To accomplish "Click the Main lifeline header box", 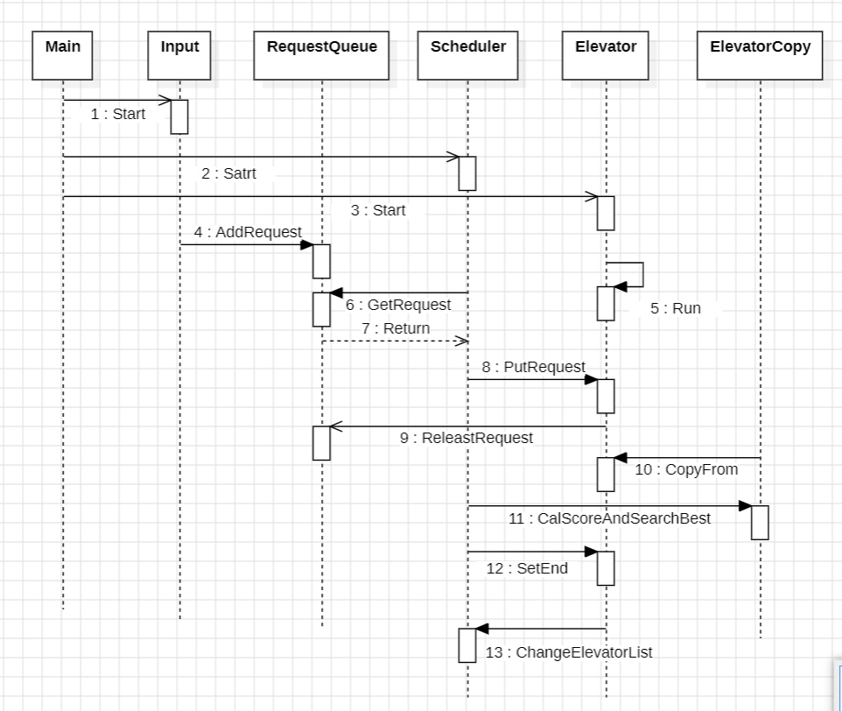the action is coord(62,55).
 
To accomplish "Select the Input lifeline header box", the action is coord(179,55).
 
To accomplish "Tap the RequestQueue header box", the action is coord(321,55).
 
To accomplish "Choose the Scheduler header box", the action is coord(467,55).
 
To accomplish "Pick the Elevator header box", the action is coord(606,55).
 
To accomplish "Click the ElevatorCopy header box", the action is coord(760,55).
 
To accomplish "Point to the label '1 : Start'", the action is coord(118,114).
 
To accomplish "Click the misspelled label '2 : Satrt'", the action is coord(228,173).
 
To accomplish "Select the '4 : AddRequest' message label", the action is coord(248,232).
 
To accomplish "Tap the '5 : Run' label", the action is coord(676,308).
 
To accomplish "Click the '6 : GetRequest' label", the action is coord(398,305).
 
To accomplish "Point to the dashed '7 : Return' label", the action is coord(396,328).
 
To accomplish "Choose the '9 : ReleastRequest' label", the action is coord(467,438).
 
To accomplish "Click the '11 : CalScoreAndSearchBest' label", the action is coord(609,518).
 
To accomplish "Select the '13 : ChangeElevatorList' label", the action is coord(569,652).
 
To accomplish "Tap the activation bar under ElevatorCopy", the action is coord(760,523).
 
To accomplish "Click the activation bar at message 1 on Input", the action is coord(179,116).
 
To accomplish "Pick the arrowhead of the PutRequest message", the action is coord(591,380).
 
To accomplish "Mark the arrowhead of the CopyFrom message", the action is coord(621,458).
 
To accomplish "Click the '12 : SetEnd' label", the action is coord(527,568).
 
